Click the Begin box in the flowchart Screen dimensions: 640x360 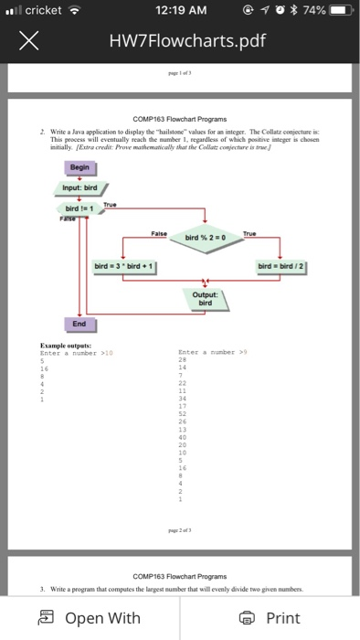coord(79,168)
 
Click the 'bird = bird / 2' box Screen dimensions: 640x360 coord(283,265)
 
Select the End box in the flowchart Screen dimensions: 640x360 coord(79,323)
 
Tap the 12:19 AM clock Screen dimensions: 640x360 coord(181,11)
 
